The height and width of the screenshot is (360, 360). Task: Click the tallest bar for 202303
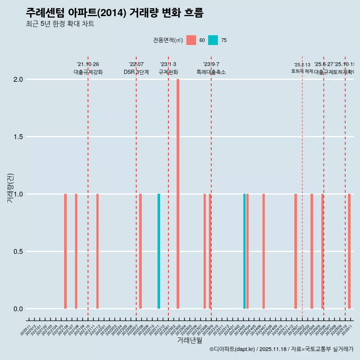click(x=178, y=194)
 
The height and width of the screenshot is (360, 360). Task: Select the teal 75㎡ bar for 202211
click(x=159, y=251)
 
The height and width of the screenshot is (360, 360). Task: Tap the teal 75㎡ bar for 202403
click(x=244, y=251)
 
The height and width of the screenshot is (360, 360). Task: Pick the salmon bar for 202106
click(x=65, y=251)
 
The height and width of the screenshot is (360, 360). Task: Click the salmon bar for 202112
click(x=97, y=251)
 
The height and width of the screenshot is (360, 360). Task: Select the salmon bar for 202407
click(x=264, y=251)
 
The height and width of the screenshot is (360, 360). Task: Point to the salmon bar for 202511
click(x=349, y=251)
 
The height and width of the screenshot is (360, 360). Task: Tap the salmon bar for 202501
click(x=295, y=251)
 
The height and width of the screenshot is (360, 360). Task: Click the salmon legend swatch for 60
click(x=191, y=40)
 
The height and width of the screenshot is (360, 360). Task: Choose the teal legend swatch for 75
click(x=213, y=40)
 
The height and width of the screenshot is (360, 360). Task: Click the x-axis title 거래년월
click(x=189, y=340)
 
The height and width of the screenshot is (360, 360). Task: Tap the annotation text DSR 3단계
click(x=136, y=72)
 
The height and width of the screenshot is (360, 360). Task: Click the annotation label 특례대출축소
click(x=211, y=72)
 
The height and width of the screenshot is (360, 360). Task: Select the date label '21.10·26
click(x=88, y=64)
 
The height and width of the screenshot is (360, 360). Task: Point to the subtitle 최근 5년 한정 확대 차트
click(x=60, y=24)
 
